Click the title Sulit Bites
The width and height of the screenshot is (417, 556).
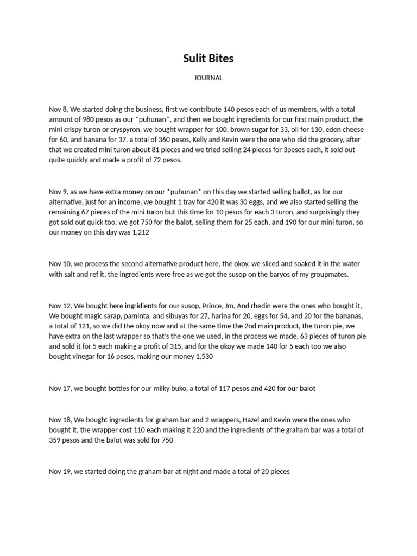coord(208,59)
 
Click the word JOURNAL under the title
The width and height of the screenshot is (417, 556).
coord(208,78)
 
